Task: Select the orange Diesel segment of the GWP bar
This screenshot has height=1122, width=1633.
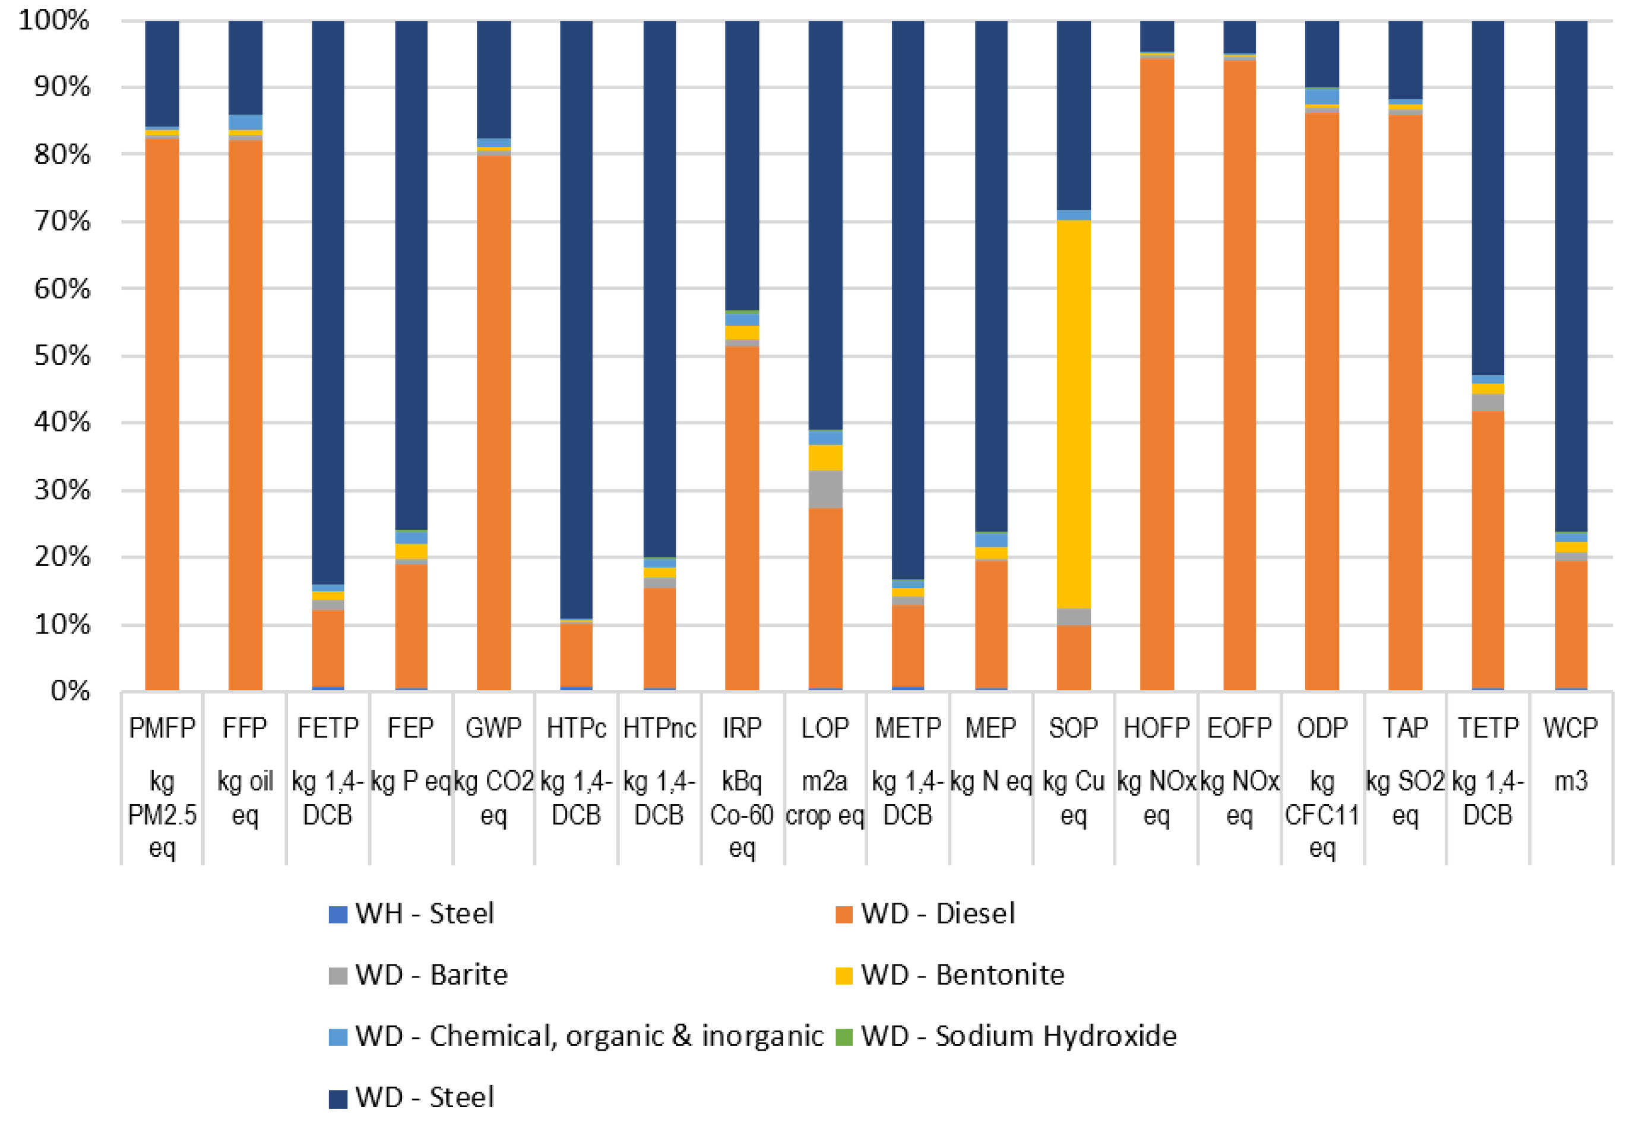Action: pos(493,422)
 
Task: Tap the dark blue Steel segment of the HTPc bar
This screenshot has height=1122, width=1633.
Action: pos(576,316)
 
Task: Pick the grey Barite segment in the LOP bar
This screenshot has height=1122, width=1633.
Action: pos(825,489)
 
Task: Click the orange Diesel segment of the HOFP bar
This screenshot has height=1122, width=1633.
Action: pos(1156,373)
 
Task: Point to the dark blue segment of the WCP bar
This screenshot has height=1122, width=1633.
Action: pos(1571,274)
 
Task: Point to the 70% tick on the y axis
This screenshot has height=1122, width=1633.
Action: pos(62,222)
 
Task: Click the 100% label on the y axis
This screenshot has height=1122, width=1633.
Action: pos(55,20)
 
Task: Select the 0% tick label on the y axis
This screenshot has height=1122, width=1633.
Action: pos(70,691)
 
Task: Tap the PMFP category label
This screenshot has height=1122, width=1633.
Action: pos(162,727)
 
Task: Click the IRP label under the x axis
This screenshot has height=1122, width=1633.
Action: pos(742,727)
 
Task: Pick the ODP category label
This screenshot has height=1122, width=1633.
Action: pos(1322,727)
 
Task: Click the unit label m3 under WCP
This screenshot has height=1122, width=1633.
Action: pos(1571,781)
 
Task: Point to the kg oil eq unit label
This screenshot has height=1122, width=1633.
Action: pos(245,798)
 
